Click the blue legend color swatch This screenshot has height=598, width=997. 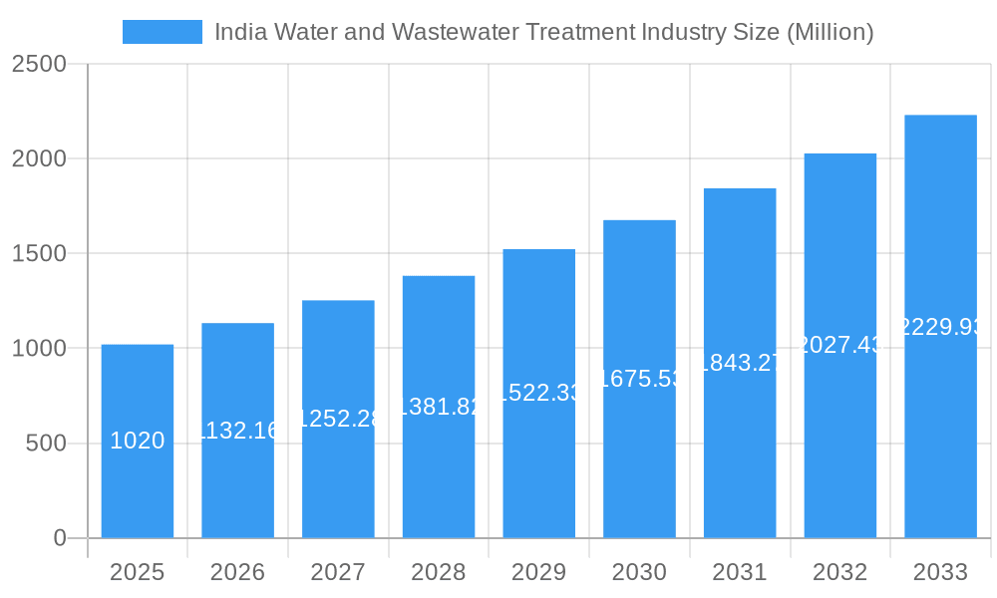[x=162, y=32]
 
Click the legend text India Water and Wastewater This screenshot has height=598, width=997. [x=543, y=32]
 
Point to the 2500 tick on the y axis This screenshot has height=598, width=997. [x=39, y=65]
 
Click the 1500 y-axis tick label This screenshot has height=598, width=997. [x=39, y=254]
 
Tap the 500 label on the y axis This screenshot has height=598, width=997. [x=46, y=444]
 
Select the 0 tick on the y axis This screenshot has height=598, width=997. [x=59, y=538]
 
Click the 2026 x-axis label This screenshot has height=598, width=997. [x=237, y=572]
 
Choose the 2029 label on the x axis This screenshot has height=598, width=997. [x=538, y=572]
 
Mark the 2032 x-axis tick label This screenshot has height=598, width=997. [x=839, y=572]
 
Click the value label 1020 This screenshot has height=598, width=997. [x=138, y=441]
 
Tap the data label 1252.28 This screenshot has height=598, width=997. [x=338, y=419]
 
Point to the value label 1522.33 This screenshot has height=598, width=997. [x=538, y=393]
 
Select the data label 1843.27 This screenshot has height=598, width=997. [x=740, y=363]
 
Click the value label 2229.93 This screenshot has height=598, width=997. [x=940, y=327]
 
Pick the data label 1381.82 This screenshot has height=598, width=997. [x=439, y=406]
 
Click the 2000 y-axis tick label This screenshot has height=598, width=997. [x=39, y=159]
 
